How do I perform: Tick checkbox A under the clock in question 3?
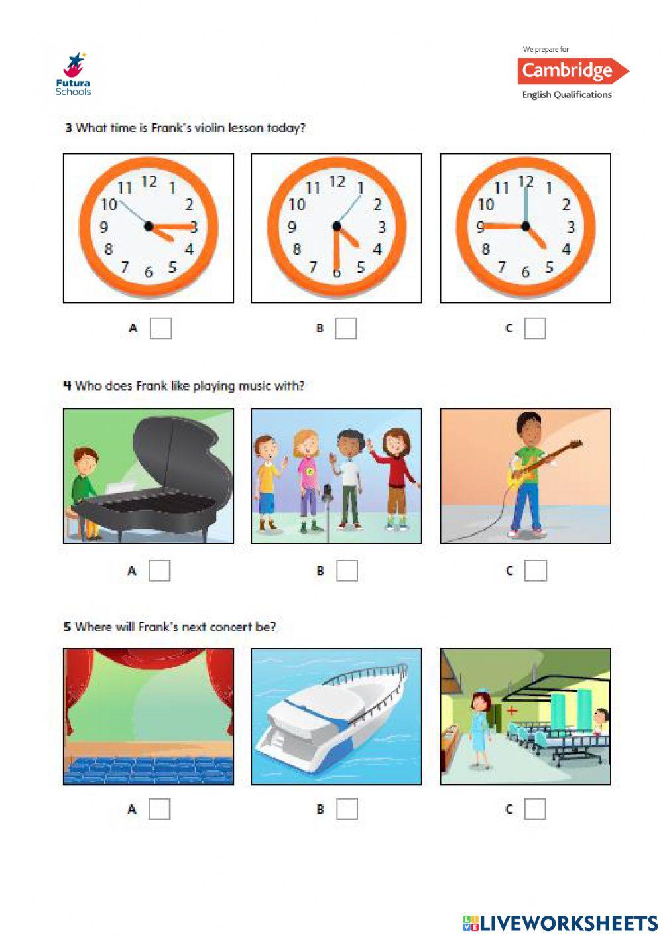tap(160, 328)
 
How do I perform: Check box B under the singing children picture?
tap(347, 570)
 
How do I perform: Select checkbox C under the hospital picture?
tap(535, 809)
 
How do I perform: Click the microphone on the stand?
tap(327, 494)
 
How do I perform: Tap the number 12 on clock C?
tap(526, 181)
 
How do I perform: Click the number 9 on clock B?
tap(292, 227)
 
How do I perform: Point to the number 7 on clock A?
tap(125, 267)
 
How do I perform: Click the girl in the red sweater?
tap(396, 474)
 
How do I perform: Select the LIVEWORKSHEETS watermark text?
tap(560, 923)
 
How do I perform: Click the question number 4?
tap(67, 385)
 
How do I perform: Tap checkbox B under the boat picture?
tap(347, 809)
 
